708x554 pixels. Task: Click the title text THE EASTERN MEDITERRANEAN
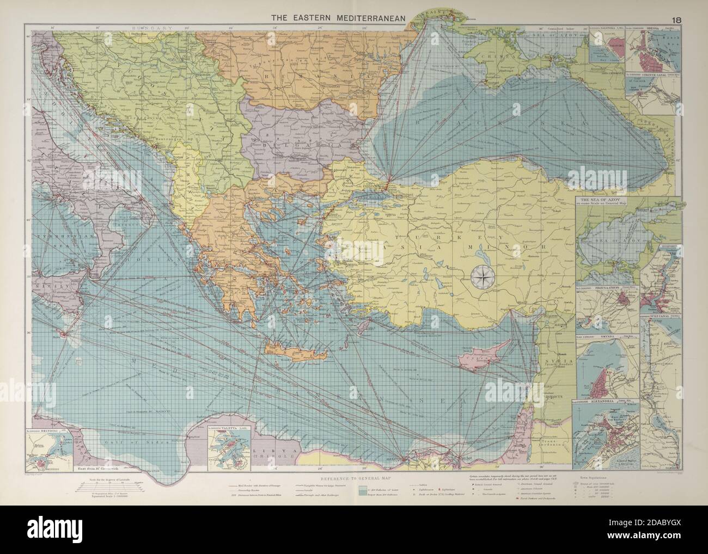pyautogui.click(x=339, y=18)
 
